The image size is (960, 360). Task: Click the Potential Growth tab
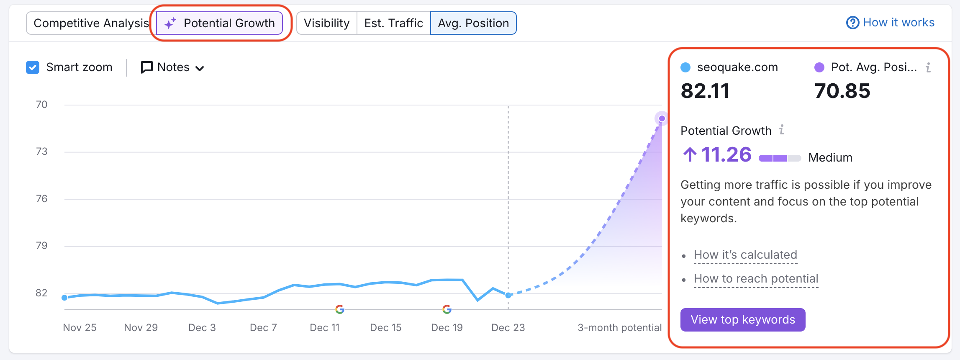tap(220, 23)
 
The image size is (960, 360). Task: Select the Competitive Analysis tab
tap(91, 23)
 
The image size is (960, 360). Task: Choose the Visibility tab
tap(326, 23)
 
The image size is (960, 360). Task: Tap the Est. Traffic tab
tap(393, 23)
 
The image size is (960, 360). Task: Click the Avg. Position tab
tap(473, 23)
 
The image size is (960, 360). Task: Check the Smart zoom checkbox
tap(33, 67)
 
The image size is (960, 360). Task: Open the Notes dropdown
tap(172, 67)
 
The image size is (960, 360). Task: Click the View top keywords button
tap(743, 320)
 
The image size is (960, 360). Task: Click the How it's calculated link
tap(745, 255)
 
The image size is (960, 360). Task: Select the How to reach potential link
tap(756, 279)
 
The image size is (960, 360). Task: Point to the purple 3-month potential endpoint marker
tap(662, 118)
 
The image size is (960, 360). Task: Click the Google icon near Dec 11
tap(340, 309)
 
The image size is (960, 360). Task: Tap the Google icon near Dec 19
tap(447, 309)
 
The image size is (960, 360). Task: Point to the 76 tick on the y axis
tap(41, 199)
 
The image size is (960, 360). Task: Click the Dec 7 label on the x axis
tap(263, 328)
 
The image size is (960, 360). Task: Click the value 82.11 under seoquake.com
tap(705, 91)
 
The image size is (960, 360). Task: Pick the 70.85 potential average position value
tap(842, 91)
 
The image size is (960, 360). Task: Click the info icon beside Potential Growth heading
tap(781, 130)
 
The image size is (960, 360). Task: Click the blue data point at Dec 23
tap(508, 295)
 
